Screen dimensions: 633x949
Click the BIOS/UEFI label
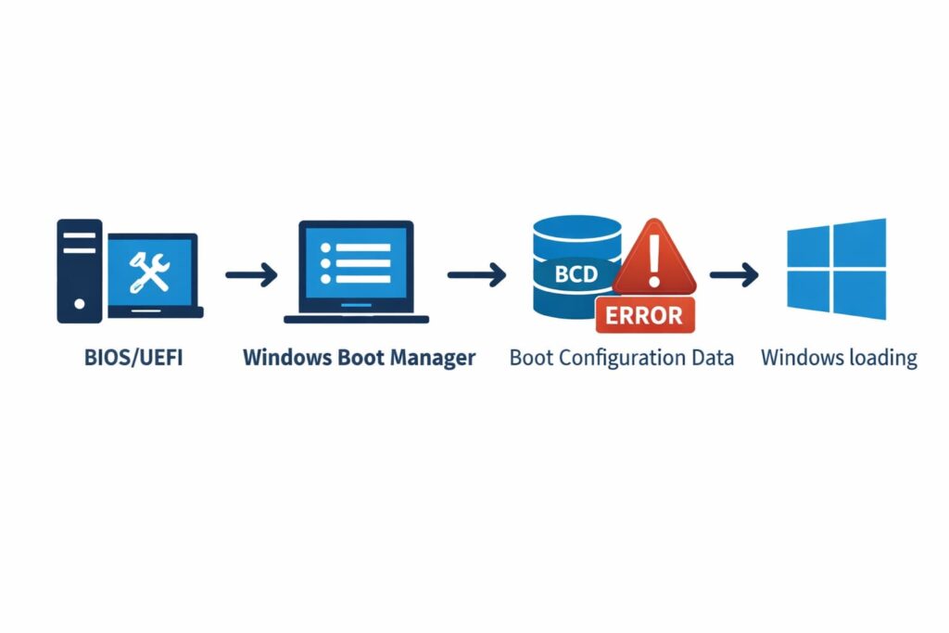[x=130, y=357]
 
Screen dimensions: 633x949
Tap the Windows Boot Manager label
[x=359, y=357]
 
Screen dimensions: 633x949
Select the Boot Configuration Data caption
[x=621, y=357]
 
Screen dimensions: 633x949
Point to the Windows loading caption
[x=839, y=357]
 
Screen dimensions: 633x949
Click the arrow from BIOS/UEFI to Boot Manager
[x=250, y=274]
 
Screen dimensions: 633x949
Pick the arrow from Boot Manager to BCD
[x=476, y=274]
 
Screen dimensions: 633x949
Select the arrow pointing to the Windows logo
[x=734, y=274]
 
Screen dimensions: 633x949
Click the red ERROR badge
[x=644, y=314]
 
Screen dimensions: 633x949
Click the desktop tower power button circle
[x=79, y=303]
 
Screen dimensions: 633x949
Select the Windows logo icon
[x=836, y=269]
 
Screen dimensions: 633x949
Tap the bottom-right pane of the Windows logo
[x=860, y=295]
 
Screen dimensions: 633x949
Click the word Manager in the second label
[x=432, y=357]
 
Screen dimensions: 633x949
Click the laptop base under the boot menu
[x=356, y=319]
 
